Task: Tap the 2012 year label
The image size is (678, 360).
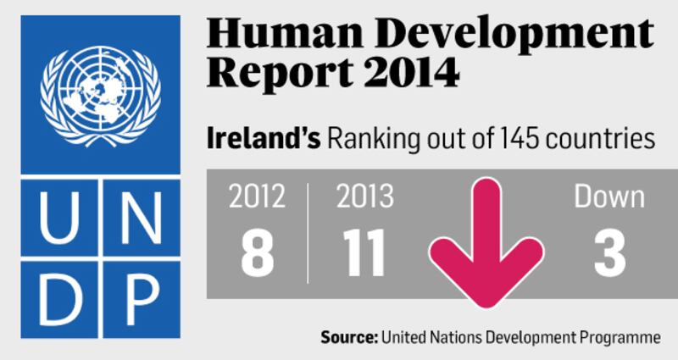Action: tap(257, 197)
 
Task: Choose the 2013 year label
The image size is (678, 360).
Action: tap(364, 197)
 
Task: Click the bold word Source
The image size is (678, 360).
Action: tap(348, 337)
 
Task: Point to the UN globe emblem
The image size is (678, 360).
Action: tap(100, 93)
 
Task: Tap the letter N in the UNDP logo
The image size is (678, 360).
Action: tap(141, 219)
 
